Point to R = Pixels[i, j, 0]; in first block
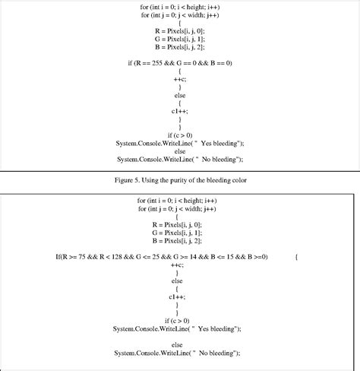179,30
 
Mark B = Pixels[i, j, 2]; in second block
179,240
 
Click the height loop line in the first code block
179,6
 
